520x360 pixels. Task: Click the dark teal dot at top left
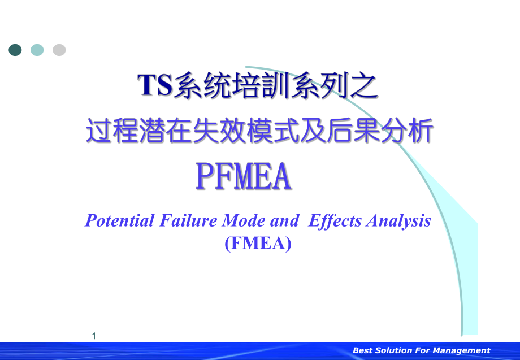[x=15, y=50]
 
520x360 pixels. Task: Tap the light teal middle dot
[x=37, y=50]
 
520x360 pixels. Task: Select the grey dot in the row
[x=59, y=50]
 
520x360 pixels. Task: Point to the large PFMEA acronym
[x=244, y=176]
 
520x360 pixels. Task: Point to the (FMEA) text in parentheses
[x=258, y=244]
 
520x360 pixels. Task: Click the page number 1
[x=94, y=336]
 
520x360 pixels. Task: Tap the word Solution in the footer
[x=395, y=350]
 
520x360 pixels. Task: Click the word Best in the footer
[x=363, y=350]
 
